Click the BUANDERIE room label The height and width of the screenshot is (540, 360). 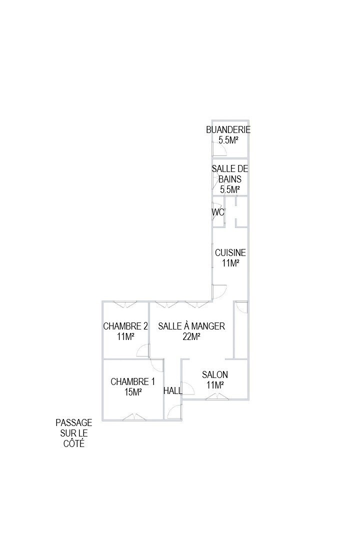228,130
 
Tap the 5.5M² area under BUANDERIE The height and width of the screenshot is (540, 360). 228,140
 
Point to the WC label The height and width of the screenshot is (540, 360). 217,212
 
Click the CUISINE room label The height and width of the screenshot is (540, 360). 230,252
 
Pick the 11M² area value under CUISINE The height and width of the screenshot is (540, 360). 230,263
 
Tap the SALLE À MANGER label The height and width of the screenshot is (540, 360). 191,326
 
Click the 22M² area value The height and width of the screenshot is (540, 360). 191,336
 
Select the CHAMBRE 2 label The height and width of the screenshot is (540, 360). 125,326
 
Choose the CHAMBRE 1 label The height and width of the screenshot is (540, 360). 132,381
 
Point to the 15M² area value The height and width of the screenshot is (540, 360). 133,392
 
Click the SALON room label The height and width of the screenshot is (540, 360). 215,374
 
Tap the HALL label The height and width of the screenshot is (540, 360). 173,390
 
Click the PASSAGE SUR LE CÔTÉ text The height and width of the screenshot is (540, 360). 74,433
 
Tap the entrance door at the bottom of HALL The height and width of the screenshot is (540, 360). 175,412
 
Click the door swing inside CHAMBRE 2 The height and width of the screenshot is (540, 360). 142,352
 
